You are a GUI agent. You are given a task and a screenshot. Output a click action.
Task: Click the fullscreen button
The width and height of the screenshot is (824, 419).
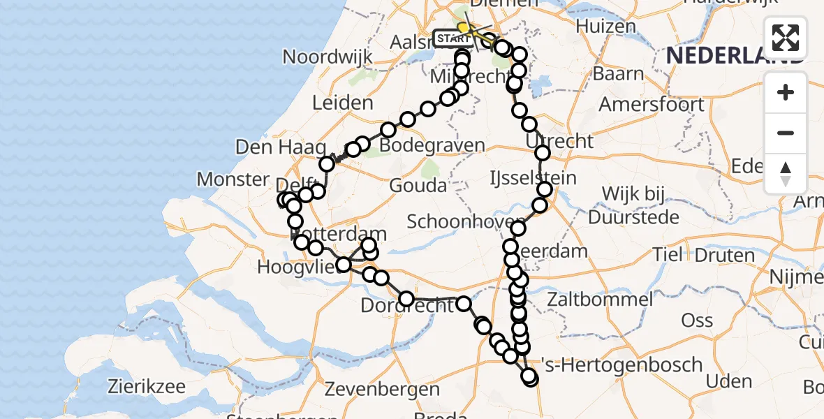coord(786,38)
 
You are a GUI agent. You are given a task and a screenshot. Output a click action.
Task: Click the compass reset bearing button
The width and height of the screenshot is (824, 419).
coord(786,173)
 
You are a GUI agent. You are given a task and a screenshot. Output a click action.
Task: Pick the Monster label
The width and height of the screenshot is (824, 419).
coord(233,179)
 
